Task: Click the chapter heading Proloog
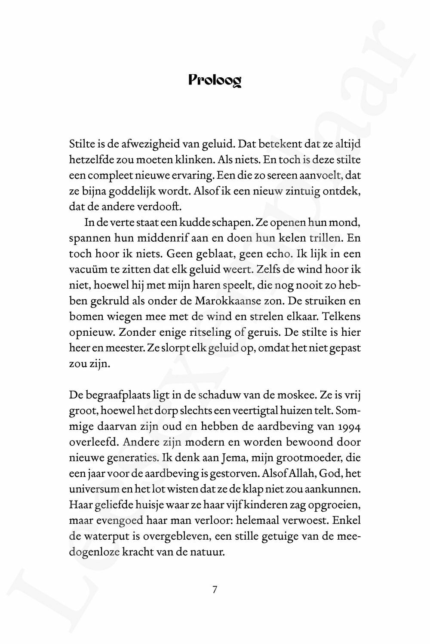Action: pos(215,80)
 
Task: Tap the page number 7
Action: pos(215,589)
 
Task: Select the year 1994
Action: pos(349,426)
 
